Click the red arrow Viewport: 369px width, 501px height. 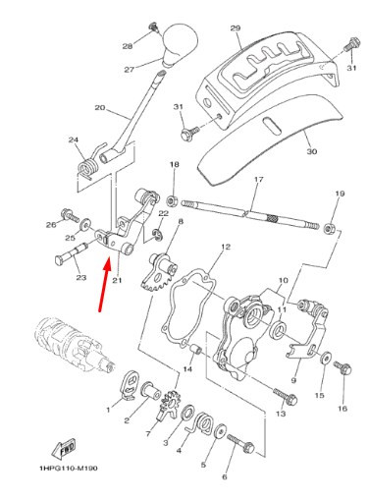[x=105, y=284]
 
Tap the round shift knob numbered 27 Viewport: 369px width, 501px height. [x=180, y=44]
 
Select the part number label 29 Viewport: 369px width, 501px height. [x=236, y=28]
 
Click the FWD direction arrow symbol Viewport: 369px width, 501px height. [x=64, y=448]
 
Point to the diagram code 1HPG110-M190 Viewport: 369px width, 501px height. [x=69, y=469]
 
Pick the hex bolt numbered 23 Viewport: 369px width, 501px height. [x=72, y=253]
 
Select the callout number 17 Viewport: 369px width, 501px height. [x=258, y=180]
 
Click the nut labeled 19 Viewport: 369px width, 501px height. [x=329, y=228]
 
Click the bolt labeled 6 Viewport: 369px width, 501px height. [x=240, y=443]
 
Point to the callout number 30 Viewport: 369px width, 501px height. [x=312, y=151]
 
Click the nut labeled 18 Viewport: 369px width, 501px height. [x=172, y=200]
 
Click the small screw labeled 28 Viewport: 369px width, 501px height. [x=153, y=28]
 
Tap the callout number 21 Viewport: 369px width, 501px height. [x=117, y=280]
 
